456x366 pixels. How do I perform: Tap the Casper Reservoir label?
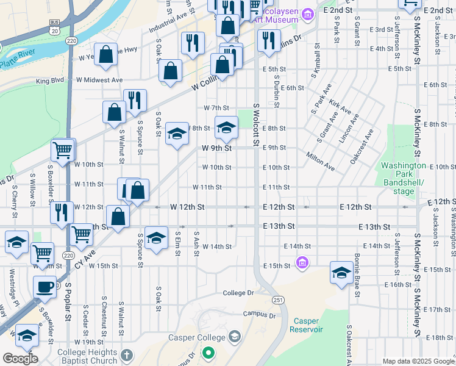pos(307,325)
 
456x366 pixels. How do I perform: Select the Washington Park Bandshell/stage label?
pos(403,178)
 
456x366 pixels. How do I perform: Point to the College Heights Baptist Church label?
pos(87,356)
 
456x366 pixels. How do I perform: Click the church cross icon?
pos(127,355)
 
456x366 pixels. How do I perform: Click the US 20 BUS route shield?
pos(55,26)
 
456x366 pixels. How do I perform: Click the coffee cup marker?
pos(45,287)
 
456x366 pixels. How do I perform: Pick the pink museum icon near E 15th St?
pos(301,264)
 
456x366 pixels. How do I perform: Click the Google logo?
pos(20,359)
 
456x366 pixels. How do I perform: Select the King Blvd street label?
pos(49,81)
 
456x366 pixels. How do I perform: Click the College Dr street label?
pos(238,293)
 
